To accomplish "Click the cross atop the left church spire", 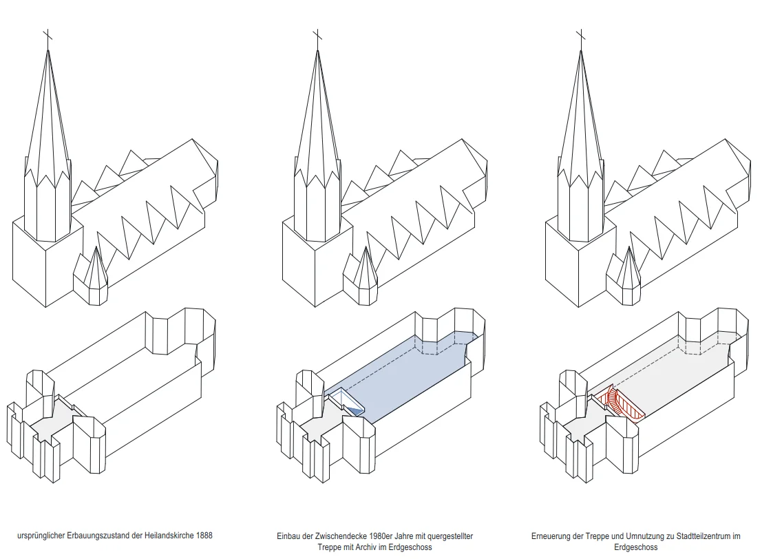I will pos(47,37).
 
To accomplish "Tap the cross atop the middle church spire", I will pos(317,37).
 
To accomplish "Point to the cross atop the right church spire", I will pos(580,37).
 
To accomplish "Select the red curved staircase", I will pos(622,402).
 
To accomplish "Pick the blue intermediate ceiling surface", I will pos(406,372).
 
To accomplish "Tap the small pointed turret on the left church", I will pos(91,275).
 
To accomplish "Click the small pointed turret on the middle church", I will pos(360,275).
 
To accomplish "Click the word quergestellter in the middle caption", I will pos(452,536).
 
